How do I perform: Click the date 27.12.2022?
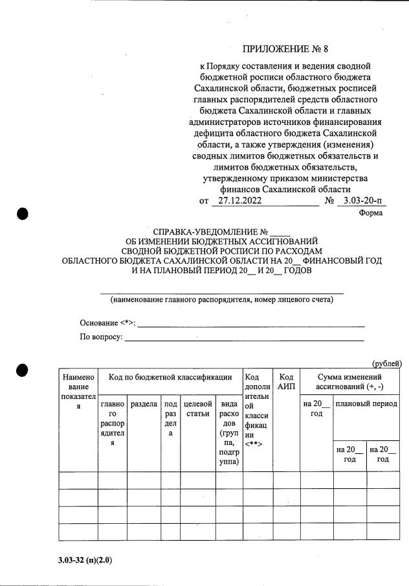(x=241, y=201)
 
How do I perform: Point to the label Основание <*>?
(x=107, y=322)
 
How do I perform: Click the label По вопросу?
(x=101, y=337)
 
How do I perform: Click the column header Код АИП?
(x=287, y=381)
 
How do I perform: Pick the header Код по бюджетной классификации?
(x=170, y=377)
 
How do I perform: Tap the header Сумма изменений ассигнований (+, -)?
(x=349, y=381)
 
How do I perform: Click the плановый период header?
(x=366, y=404)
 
